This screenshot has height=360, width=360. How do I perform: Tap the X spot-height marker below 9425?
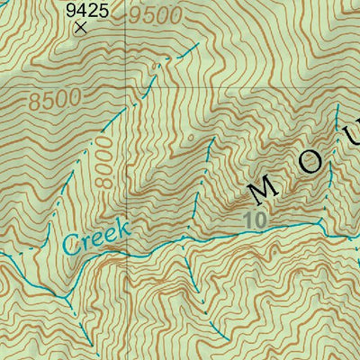point(82,28)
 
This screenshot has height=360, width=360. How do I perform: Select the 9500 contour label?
point(154,15)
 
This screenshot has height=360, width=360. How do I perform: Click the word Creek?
point(98,237)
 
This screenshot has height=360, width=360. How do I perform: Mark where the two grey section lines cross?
point(126,87)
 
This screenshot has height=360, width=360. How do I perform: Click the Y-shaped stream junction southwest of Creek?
point(64,296)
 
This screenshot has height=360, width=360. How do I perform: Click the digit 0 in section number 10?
point(262,217)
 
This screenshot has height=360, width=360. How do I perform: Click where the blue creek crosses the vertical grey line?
point(126,256)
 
